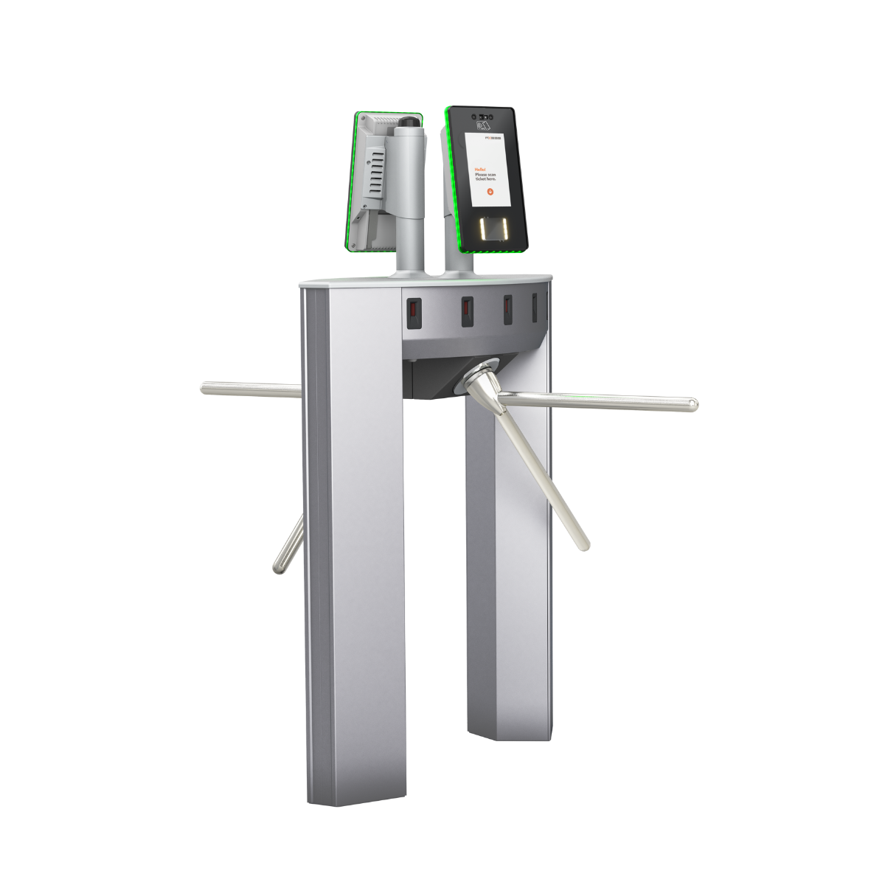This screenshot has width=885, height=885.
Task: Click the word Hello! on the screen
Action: click(x=480, y=169)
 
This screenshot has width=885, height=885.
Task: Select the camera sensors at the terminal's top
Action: click(x=484, y=116)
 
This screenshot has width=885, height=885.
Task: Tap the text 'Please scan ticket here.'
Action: click(x=487, y=177)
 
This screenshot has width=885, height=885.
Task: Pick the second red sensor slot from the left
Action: click(x=466, y=311)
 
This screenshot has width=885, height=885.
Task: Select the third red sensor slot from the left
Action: click(x=507, y=310)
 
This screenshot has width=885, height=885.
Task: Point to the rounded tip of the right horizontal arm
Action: click(x=693, y=404)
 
